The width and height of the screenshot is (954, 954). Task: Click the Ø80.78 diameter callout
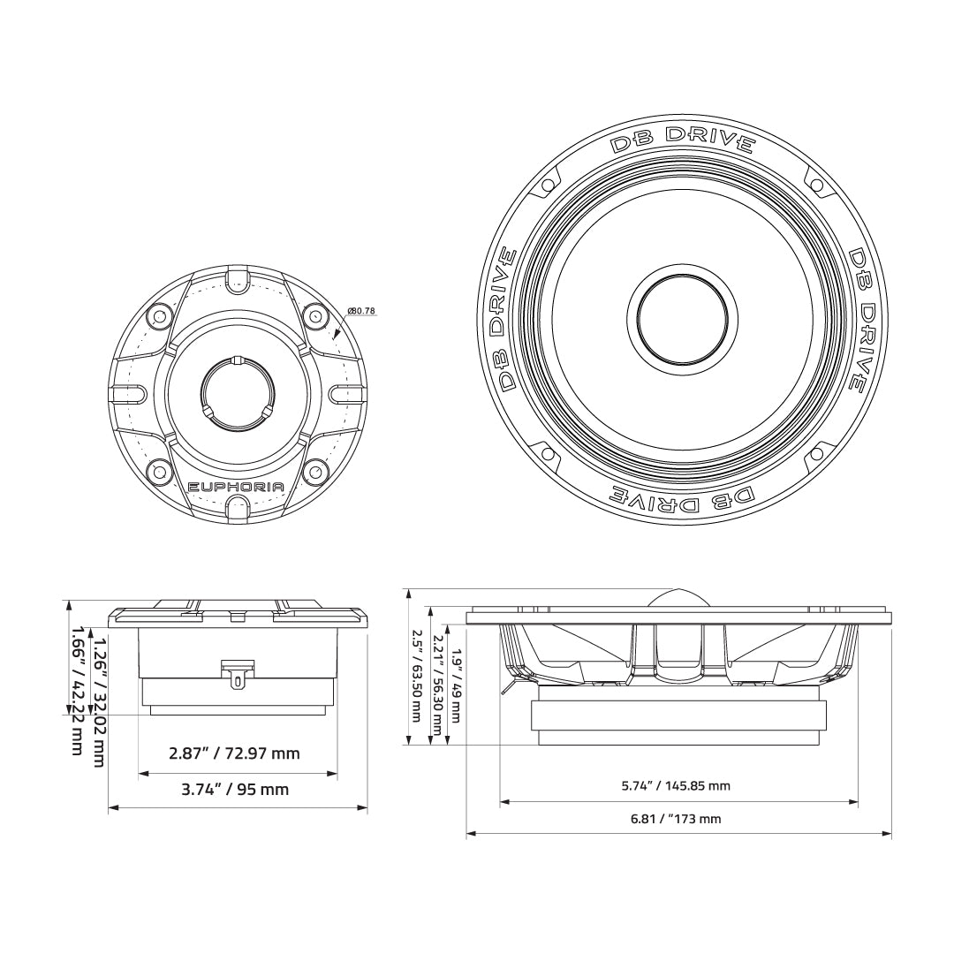pyautogui.click(x=361, y=311)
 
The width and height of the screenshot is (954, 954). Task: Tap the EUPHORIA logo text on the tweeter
pyautogui.click(x=236, y=487)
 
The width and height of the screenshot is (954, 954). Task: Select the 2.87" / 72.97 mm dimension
pyautogui.click(x=234, y=753)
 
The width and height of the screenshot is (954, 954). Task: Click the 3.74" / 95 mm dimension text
pyautogui.click(x=235, y=789)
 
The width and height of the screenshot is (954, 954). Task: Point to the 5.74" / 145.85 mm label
pyautogui.click(x=676, y=785)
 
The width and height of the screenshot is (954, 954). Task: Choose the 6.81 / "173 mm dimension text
pyautogui.click(x=676, y=819)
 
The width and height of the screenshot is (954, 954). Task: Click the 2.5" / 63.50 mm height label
pyautogui.click(x=417, y=676)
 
